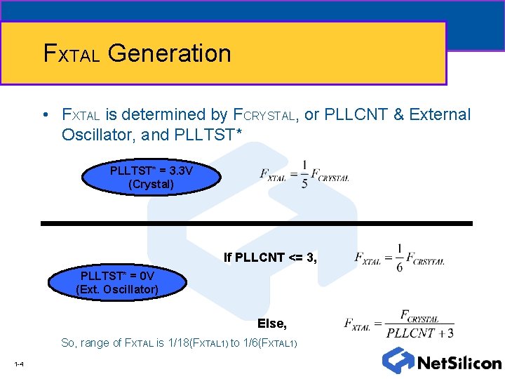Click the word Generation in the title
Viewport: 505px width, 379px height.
(x=170, y=53)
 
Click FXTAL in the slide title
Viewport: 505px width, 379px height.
(x=72, y=54)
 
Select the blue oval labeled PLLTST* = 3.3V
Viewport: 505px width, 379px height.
(x=151, y=178)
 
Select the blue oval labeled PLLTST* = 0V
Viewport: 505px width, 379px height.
(x=117, y=282)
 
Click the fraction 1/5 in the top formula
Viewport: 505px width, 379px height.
(x=304, y=175)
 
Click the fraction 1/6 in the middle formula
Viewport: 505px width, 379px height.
(x=399, y=258)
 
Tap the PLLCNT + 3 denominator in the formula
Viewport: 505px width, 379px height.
(x=419, y=333)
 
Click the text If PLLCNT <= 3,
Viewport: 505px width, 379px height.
(x=270, y=258)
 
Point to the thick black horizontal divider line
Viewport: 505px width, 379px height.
(x=256, y=223)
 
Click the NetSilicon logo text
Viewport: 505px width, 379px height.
(x=459, y=363)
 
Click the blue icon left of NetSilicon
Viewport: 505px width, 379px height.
(x=398, y=359)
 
